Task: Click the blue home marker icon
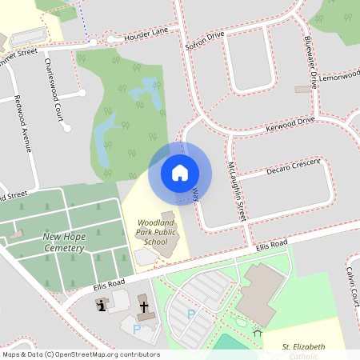[180, 173]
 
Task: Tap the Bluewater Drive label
[310, 60]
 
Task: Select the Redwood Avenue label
[24, 124]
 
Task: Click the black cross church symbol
[144, 306]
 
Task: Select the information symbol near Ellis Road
[102, 304]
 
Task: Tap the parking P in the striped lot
[191, 314]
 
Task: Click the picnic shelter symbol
[257, 330]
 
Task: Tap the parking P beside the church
[136, 328]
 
